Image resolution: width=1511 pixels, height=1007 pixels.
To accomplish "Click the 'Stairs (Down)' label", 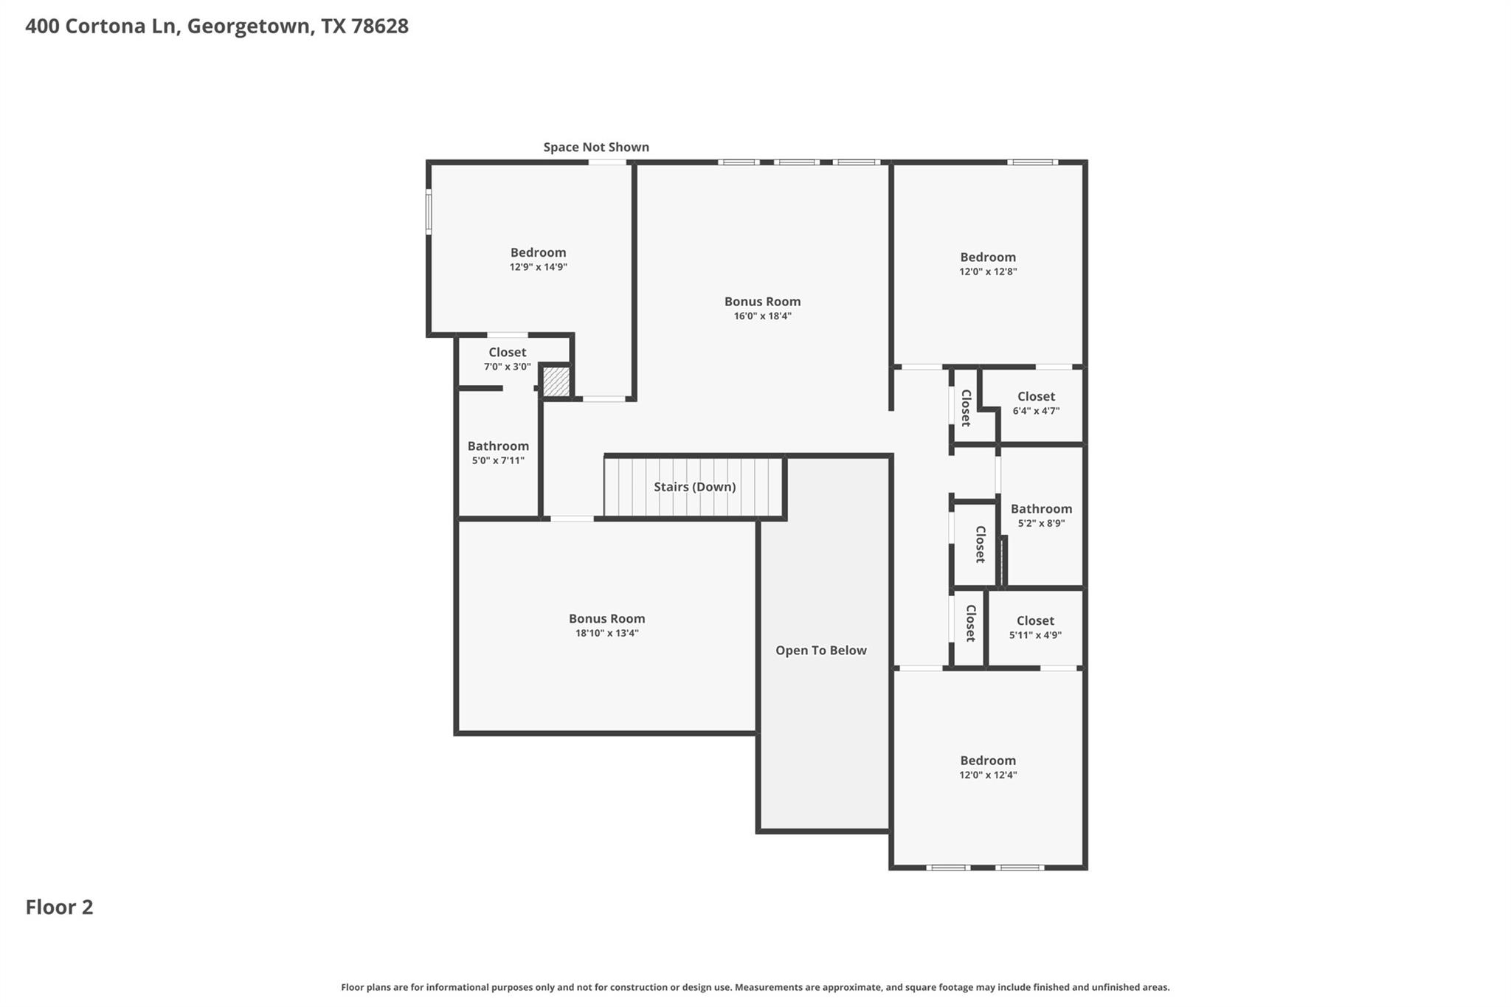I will click(x=694, y=487).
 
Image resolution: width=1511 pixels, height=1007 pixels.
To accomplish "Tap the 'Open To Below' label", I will click(x=820, y=651).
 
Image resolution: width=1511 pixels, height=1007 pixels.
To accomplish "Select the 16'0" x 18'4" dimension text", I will click(x=762, y=316).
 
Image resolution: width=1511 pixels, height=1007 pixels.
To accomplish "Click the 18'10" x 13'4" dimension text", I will click(x=606, y=633).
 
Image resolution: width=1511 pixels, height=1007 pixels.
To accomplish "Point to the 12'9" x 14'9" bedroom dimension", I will click(x=538, y=267).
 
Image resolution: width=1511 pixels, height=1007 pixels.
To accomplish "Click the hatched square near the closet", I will click(x=556, y=381).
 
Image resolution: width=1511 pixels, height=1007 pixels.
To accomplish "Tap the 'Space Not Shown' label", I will click(x=596, y=147).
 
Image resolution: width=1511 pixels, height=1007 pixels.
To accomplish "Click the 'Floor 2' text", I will click(x=59, y=907).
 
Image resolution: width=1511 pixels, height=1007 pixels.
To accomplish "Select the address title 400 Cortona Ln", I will click(x=216, y=26).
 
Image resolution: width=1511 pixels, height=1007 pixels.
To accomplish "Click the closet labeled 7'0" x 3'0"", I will click(x=507, y=359).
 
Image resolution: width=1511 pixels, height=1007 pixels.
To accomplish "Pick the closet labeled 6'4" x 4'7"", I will click(x=1036, y=404).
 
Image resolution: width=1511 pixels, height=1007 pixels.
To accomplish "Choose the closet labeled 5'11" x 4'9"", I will click(x=1035, y=628).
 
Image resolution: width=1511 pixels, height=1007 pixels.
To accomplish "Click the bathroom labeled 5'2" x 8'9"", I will click(x=1041, y=516).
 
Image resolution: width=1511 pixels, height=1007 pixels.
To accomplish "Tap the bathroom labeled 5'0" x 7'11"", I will click(x=498, y=453).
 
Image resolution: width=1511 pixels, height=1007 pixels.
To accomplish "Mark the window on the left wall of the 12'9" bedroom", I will click(x=429, y=212).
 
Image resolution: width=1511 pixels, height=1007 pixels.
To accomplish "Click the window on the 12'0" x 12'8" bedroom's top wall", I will click(x=1032, y=162).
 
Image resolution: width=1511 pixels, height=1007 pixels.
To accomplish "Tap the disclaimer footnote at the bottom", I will click(x=755, y=987).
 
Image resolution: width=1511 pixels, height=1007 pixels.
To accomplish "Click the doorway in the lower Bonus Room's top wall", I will click(x=572, y=519).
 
